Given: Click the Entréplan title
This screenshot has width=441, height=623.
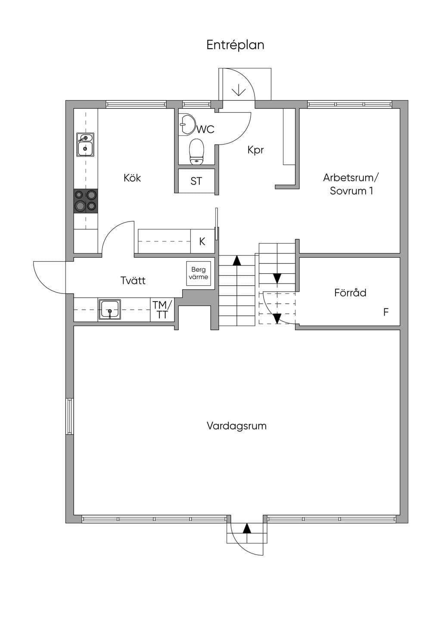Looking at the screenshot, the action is (x=235, y=45).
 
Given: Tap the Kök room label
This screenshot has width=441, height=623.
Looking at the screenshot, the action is (x=132, y=178).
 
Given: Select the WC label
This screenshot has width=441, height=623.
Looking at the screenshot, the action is (x=206, y=130).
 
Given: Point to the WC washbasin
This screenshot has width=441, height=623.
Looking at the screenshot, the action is (x=187, y=124).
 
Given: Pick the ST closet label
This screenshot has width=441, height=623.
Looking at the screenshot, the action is (x=196, y=181).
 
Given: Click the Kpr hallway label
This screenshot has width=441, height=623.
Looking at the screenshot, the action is (x=255, y=150).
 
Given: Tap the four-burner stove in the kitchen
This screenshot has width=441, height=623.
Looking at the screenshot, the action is (x=86, y=201).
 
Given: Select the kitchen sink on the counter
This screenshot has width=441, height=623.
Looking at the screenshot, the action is (x=85, y=144).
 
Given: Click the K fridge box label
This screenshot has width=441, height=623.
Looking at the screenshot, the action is (x=202, y=241).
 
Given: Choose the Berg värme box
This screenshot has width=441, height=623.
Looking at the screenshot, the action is (x=199, y=273).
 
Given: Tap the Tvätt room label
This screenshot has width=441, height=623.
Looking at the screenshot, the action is (x=133, y=281).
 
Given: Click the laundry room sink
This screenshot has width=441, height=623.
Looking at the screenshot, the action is (x=110, y=309).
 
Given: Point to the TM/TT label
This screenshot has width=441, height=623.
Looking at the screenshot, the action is (x=162, y=309).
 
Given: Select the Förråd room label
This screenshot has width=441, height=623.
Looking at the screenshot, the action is (x=350, y=293).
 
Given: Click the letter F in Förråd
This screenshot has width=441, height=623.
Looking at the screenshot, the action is (x=386, y=312).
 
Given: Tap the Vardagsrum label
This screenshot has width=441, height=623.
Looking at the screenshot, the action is (x=236, y=426).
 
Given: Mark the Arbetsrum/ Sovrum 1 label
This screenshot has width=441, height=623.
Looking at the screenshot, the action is (x=351, y=184).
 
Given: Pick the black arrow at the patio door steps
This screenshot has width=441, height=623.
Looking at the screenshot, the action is (x=247, y=528).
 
